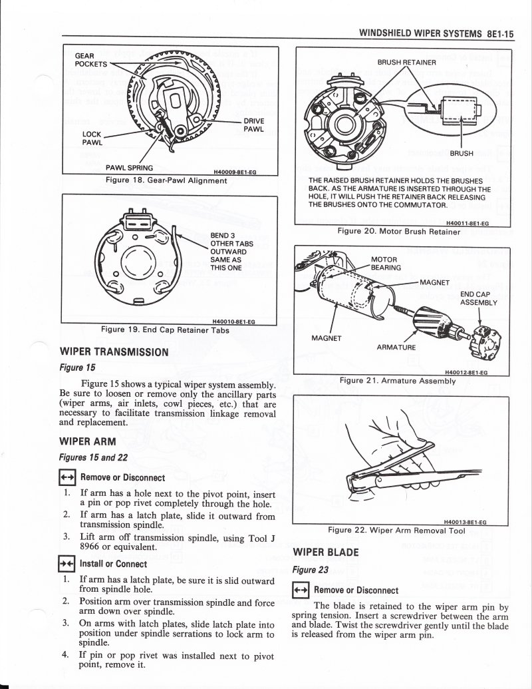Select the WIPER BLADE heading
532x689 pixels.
pyautogui.click(x=326, y=552)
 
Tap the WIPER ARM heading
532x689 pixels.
pyautogui.click(x=88, y=441)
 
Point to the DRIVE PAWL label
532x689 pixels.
pyautogui.click(x=254, y=124)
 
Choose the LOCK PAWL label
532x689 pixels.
pyautogui.click(x=92, y=138)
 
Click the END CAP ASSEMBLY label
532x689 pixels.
pyautogui.click(x=479, y=298)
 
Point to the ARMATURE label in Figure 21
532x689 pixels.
pyautogui.click(x=396, y=347)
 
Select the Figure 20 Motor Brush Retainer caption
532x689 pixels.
pyautogui.click(x=398, y=231)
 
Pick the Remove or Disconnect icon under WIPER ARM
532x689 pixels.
pyautogui.click(x=67, y=477)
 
